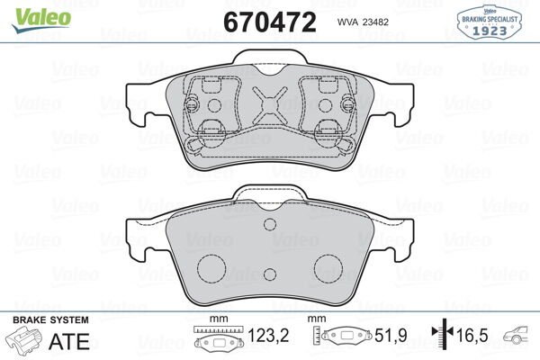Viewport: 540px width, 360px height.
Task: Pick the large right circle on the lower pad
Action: point(322,267)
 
